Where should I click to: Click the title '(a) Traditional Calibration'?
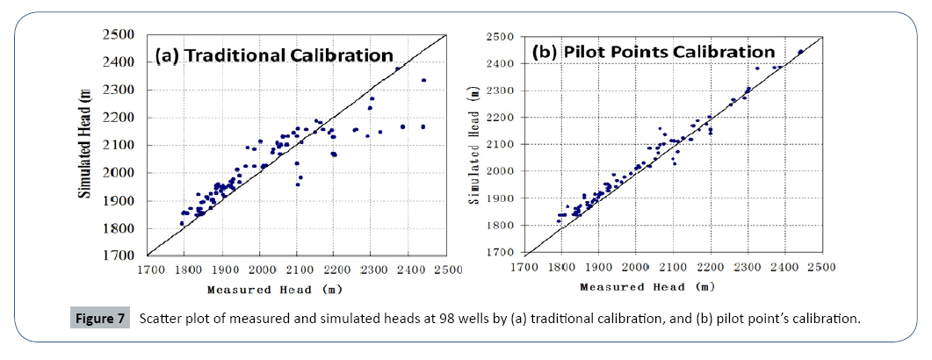coord(274,56)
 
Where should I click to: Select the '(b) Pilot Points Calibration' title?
coord(653,52)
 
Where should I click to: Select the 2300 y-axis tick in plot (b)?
coord(504,90)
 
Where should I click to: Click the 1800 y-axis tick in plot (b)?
coord(504,226)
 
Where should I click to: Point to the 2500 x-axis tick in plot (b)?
coord(821,265)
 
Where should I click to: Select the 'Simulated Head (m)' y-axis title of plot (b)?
coord(475,144)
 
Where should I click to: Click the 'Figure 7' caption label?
coord(96,318)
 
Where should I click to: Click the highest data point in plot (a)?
coord(397,68)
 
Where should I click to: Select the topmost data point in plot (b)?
coord(800,52)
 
